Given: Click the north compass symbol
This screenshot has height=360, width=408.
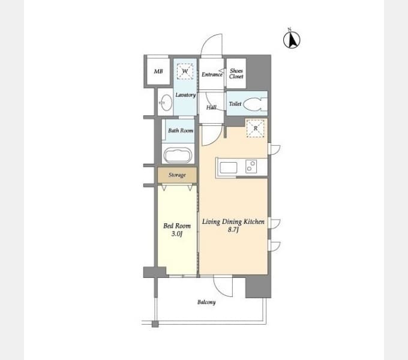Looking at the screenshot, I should [x=291, y=40].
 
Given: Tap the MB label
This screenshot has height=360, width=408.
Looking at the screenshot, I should [x=158, y=72].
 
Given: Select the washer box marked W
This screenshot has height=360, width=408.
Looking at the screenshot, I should [x=185, y=72].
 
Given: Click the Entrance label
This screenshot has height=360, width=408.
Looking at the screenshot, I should [x=212, y=74].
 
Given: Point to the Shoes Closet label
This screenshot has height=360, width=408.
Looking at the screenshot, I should [x=236, y=74].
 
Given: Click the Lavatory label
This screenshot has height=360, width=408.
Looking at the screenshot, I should [x=185, y=95].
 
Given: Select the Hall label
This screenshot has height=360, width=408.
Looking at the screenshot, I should [x=211, y=107].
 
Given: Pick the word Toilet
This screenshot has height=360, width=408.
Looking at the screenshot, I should [x=235, y=104].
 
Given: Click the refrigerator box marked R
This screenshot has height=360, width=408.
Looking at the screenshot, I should [x=255, y=128].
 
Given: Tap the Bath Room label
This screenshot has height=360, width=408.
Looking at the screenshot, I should [x=180, y=130].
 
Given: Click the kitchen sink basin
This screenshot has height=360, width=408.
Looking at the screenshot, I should [x=229, y=167].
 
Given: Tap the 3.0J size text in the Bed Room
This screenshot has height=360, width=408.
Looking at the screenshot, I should [x=178, y=233].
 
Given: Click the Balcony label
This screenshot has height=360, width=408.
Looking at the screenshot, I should [x=206, y=302].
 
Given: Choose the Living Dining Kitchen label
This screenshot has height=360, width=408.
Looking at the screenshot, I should [x=233, y=222].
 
